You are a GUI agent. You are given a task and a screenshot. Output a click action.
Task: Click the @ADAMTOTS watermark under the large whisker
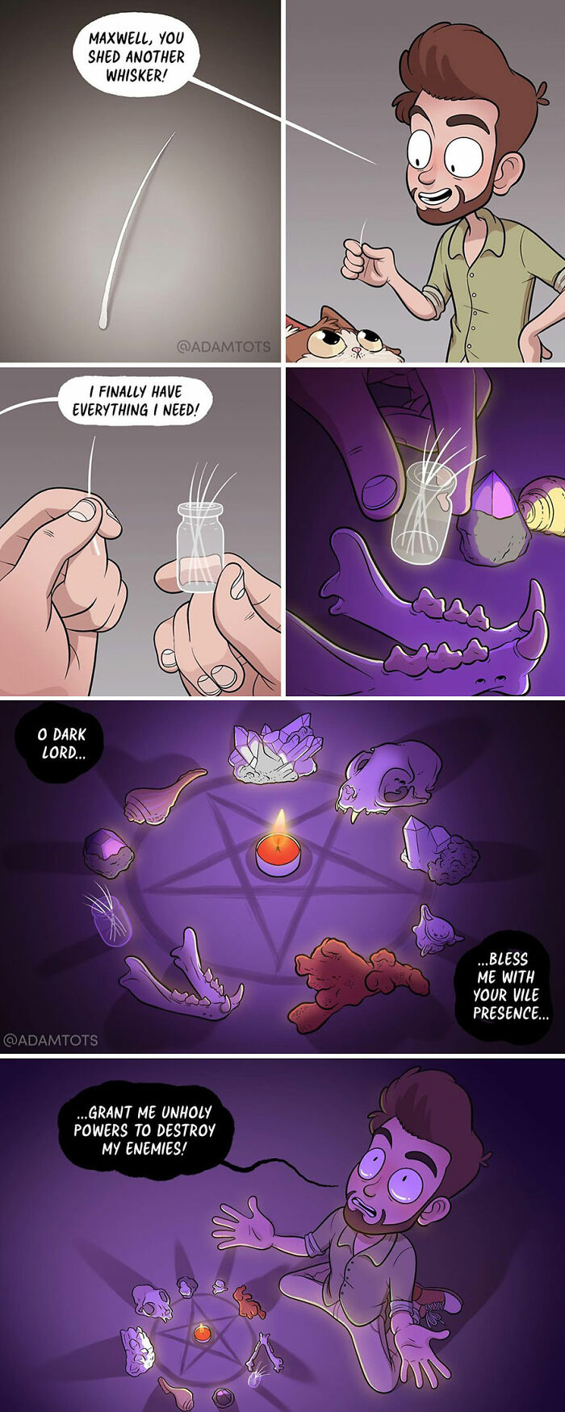[x=224, y=347]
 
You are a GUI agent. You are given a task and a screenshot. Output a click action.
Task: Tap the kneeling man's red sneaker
[x=445, y=1301]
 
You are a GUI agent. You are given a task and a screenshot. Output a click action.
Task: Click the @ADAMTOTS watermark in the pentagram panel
[x=50, y=1040]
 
